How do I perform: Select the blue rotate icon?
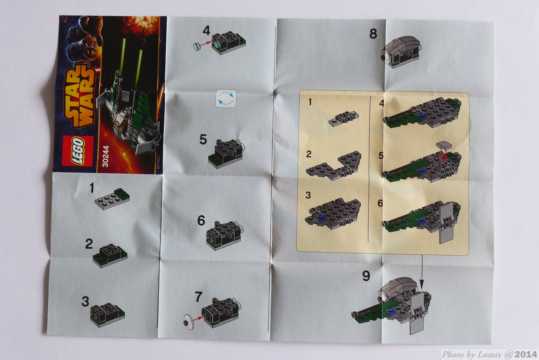pyautogui.click(x=226, y=99)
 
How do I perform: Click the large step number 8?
pyautogui.click(x=373, y=34)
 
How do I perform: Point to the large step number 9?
pyautogui.click(x=366, y=276)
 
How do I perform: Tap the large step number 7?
pyautogui.click(x=199, y=297)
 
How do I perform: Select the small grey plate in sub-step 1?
pyautogui.click(x=344, y=119)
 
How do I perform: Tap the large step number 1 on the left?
pyautogui.click(x=92, y=188)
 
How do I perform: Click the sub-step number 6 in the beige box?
pyautogui.click(x=380, y=203)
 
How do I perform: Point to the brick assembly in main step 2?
pyautogui.click(x=110, y=256)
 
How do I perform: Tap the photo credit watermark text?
pyautogui.click(x=489, y=355)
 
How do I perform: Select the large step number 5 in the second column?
pyautogui.click(x=203, y=140)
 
